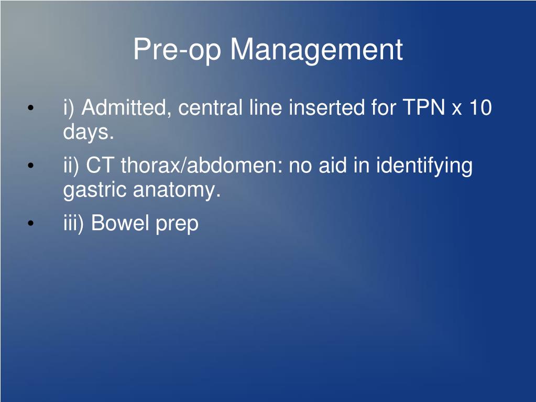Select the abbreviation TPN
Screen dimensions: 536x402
coord(424,107)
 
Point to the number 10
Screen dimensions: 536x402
coord(480,107)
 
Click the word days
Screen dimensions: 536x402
coord(88,132)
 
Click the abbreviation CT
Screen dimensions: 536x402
coord(100,165)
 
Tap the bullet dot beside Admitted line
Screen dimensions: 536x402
coord(31,108)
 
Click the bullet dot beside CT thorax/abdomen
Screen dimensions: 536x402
coord(31,166)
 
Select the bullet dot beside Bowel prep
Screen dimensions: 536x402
coord(31,224)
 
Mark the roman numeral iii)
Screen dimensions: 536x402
coord(73,224)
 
